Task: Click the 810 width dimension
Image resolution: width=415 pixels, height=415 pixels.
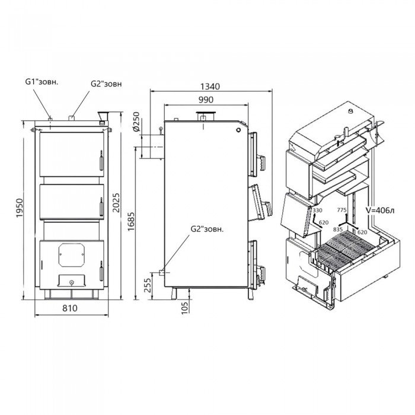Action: pos(71,308)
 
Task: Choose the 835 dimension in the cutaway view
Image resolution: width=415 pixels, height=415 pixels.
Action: pos(339,229)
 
